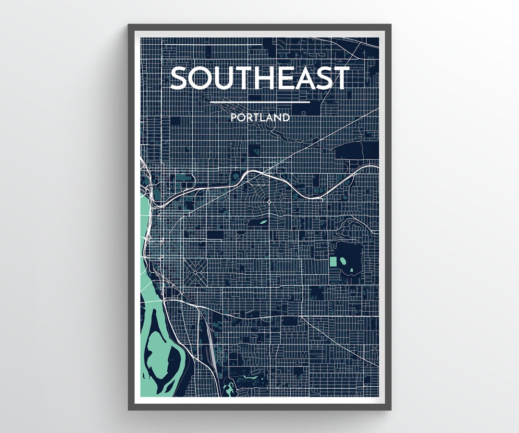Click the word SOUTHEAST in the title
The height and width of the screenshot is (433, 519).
(x=259, y=78)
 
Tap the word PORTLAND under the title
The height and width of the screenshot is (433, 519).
(x=259, y=117)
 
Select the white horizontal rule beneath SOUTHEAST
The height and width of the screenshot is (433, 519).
(x=259, y=102)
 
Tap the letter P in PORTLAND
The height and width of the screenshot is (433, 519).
(x=233, y=117)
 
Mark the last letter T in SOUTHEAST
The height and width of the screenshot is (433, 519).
(x=341, y=78)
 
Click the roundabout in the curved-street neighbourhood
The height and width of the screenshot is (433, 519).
(x=270, y=201)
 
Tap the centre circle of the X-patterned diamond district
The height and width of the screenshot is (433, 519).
(x=195, y=272)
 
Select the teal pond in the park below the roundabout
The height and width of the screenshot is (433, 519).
(x=262, y=222)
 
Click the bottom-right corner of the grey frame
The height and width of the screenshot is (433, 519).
(x=390, y=409)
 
